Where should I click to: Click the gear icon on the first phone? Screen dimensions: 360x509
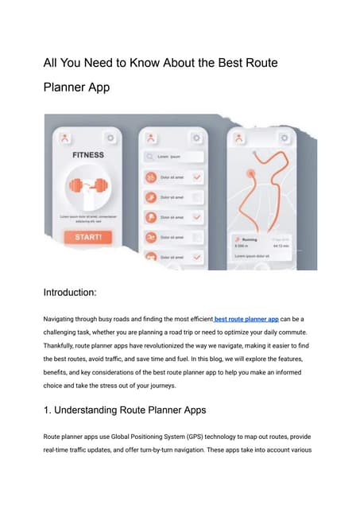tap(109, 138)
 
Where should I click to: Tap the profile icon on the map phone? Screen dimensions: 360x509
tap(237, 138)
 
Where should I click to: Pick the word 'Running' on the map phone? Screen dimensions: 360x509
tap(250, 239)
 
